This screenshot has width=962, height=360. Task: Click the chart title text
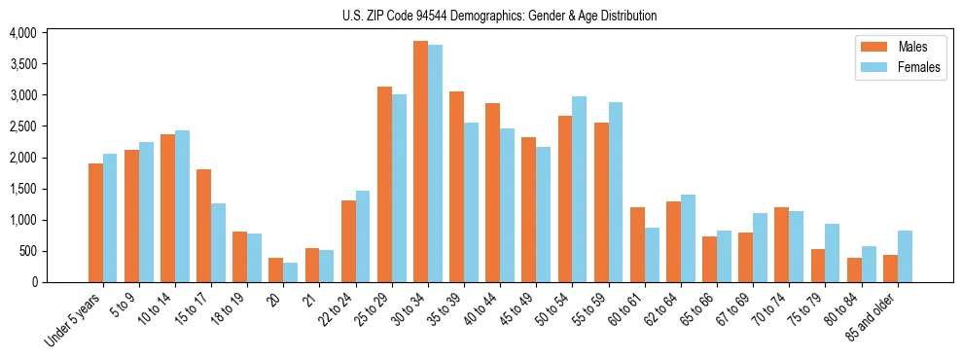[499, 16]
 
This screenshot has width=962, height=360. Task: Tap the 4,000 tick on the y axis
[22, 33]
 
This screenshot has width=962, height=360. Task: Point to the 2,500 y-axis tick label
[22, 126]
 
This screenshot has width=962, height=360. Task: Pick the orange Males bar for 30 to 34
[420, 162]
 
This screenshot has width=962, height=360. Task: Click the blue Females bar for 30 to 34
[435, 163]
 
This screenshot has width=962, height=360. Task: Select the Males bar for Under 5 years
[95, 223]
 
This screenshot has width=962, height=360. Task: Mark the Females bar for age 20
[290, 272]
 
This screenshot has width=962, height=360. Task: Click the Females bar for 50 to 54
[579, 190]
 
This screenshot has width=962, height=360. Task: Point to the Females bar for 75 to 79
[833, 253]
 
